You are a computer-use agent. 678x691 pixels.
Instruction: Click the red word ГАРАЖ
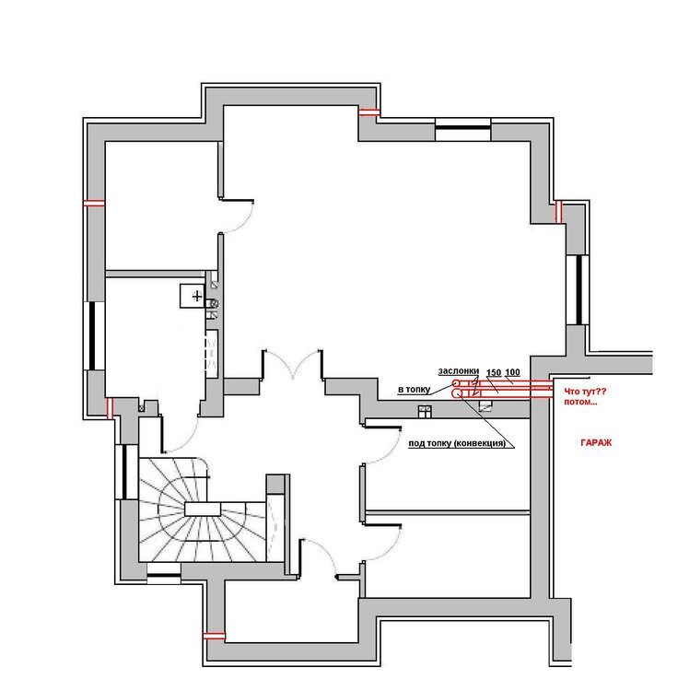(596, 442)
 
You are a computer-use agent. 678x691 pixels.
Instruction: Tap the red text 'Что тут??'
(585, 392)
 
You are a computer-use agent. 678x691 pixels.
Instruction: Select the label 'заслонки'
(458, 371)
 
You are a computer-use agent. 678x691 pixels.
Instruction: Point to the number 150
(494, 373)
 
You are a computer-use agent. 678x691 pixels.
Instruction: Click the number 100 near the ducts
(512, 372)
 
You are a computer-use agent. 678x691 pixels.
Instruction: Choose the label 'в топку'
(414, 389)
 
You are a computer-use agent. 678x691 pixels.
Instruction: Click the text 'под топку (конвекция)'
(457, 443)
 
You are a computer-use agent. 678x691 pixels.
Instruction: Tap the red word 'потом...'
(580, 402)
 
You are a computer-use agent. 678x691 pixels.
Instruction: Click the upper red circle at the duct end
(456, 383)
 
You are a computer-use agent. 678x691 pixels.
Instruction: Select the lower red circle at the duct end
(456, 393)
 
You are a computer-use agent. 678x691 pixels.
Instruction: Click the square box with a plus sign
(193, 296)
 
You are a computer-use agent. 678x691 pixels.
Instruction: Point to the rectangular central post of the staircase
(203, 509)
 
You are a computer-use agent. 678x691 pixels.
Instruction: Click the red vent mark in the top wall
(368, 112)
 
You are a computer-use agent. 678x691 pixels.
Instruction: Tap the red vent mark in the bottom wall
(214, 636)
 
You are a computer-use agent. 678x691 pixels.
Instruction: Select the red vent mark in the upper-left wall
(94, 204)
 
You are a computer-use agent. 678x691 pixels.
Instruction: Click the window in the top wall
(463, 128)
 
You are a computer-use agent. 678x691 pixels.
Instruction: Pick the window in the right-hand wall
(578, 289)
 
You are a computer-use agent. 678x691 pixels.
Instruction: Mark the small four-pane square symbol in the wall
(425, 411)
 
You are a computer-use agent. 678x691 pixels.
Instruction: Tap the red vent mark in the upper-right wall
(558, 212)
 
